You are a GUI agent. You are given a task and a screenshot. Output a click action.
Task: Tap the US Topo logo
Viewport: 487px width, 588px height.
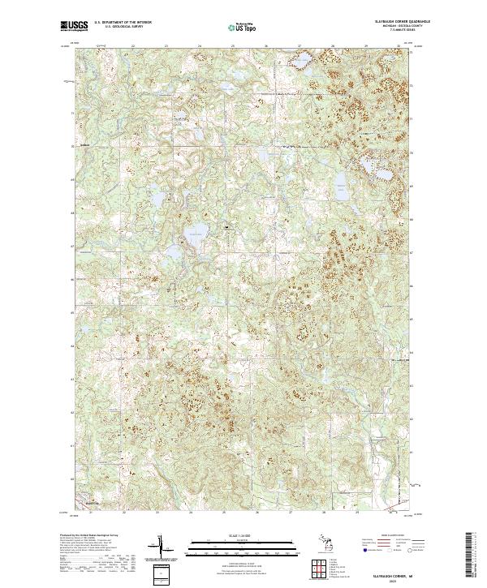coord(241,27)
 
